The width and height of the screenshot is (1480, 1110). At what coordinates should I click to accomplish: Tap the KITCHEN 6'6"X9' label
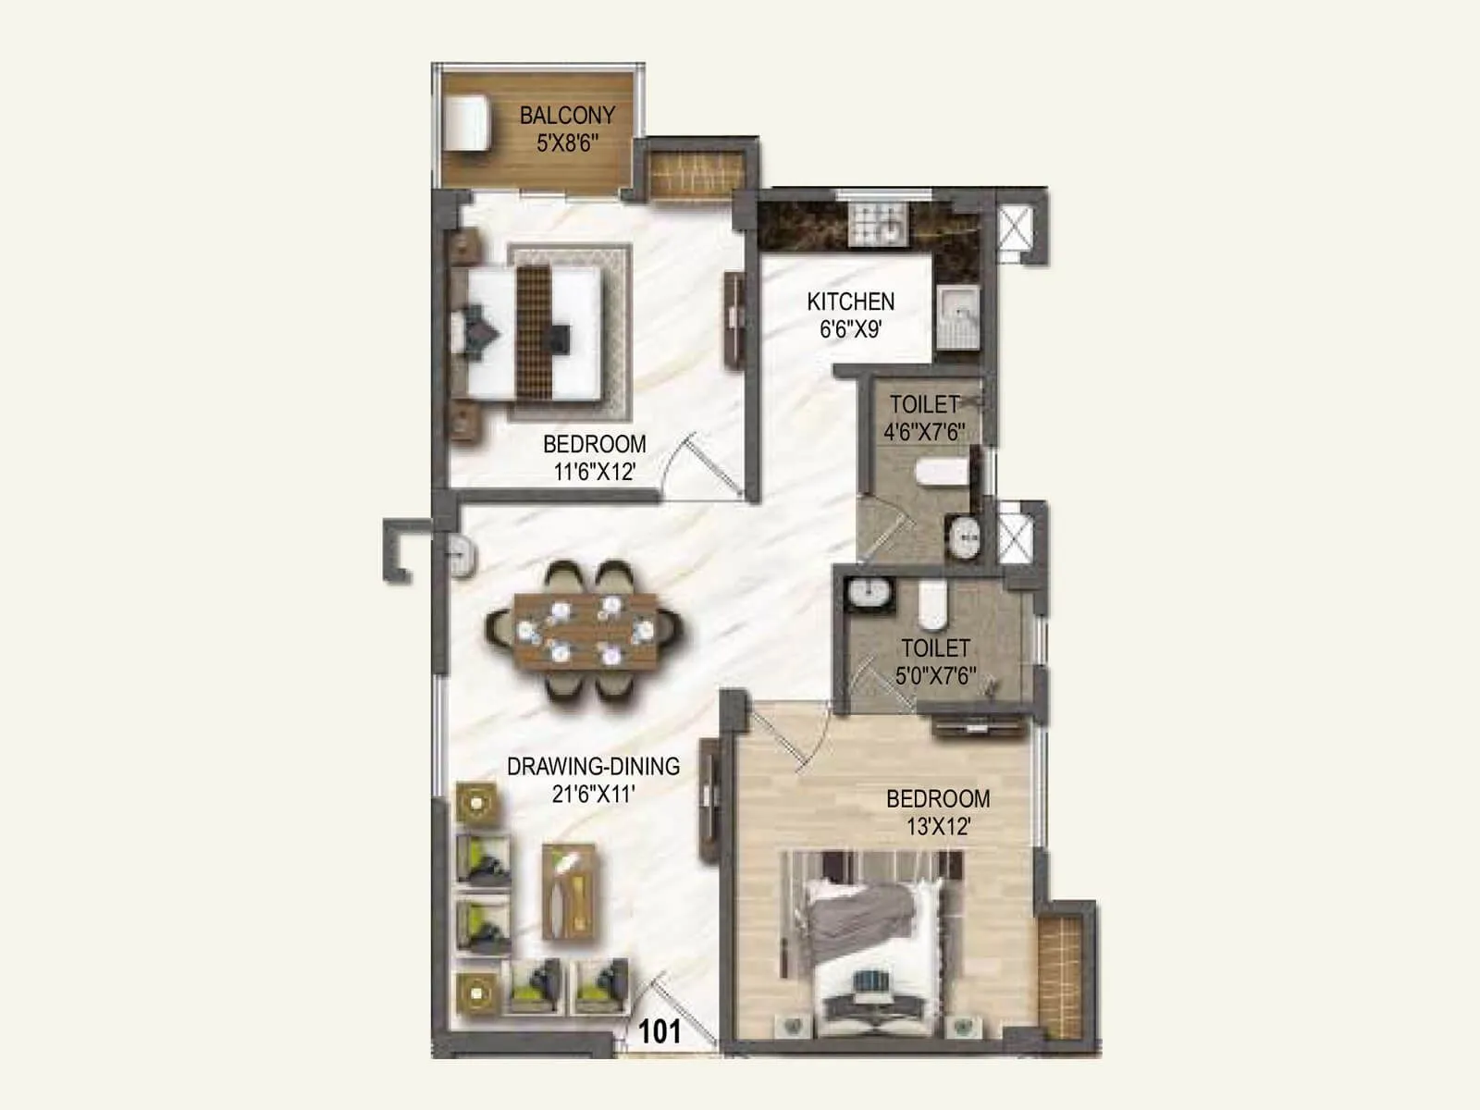pos(850,314)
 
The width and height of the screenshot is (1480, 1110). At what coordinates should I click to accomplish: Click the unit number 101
pos(660,1031)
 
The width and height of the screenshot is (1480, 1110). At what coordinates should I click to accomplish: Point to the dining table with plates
pos(585,631)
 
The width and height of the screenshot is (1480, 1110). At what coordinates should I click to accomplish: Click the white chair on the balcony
pos(465,121)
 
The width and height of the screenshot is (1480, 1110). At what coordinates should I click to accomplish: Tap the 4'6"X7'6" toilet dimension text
pos(924,432)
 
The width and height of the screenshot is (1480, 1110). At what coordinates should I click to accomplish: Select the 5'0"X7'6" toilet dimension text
pos(935,675)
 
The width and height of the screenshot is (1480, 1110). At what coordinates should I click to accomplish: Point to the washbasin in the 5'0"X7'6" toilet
pos(869,593)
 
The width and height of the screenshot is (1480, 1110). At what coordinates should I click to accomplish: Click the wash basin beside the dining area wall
pos(460,554)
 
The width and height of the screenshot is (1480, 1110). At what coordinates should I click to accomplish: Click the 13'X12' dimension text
pos(938,827)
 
